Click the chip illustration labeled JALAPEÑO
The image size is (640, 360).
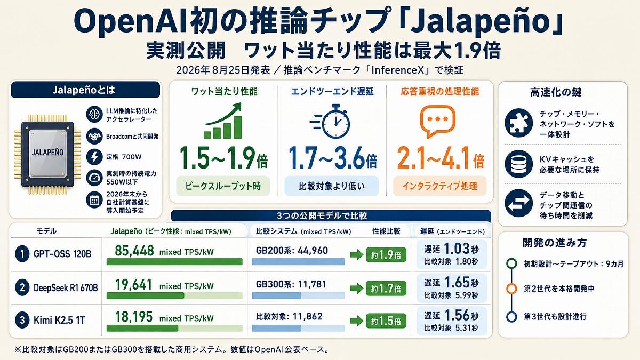pos(47,154)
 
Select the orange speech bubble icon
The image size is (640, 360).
pos(437,121)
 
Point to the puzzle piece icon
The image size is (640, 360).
pos(518,123)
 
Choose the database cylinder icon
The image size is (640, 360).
pos(518,164)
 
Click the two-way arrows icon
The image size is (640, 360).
pos(518,203)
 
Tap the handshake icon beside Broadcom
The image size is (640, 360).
pos(94,137)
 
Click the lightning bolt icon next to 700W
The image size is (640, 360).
pos(94,157)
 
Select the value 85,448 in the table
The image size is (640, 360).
pos(134,251)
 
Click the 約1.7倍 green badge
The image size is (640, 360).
pos(386,289)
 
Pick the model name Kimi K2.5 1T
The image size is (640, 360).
pos(59,321)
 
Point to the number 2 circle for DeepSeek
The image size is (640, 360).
pos(22,287)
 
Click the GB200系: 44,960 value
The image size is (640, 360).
pos(292,251)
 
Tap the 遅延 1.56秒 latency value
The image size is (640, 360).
pos(451,315)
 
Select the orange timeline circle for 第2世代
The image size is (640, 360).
pos(511,289)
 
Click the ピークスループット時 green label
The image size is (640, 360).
pos(223,186)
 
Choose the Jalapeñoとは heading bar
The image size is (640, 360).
pos(85,90)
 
